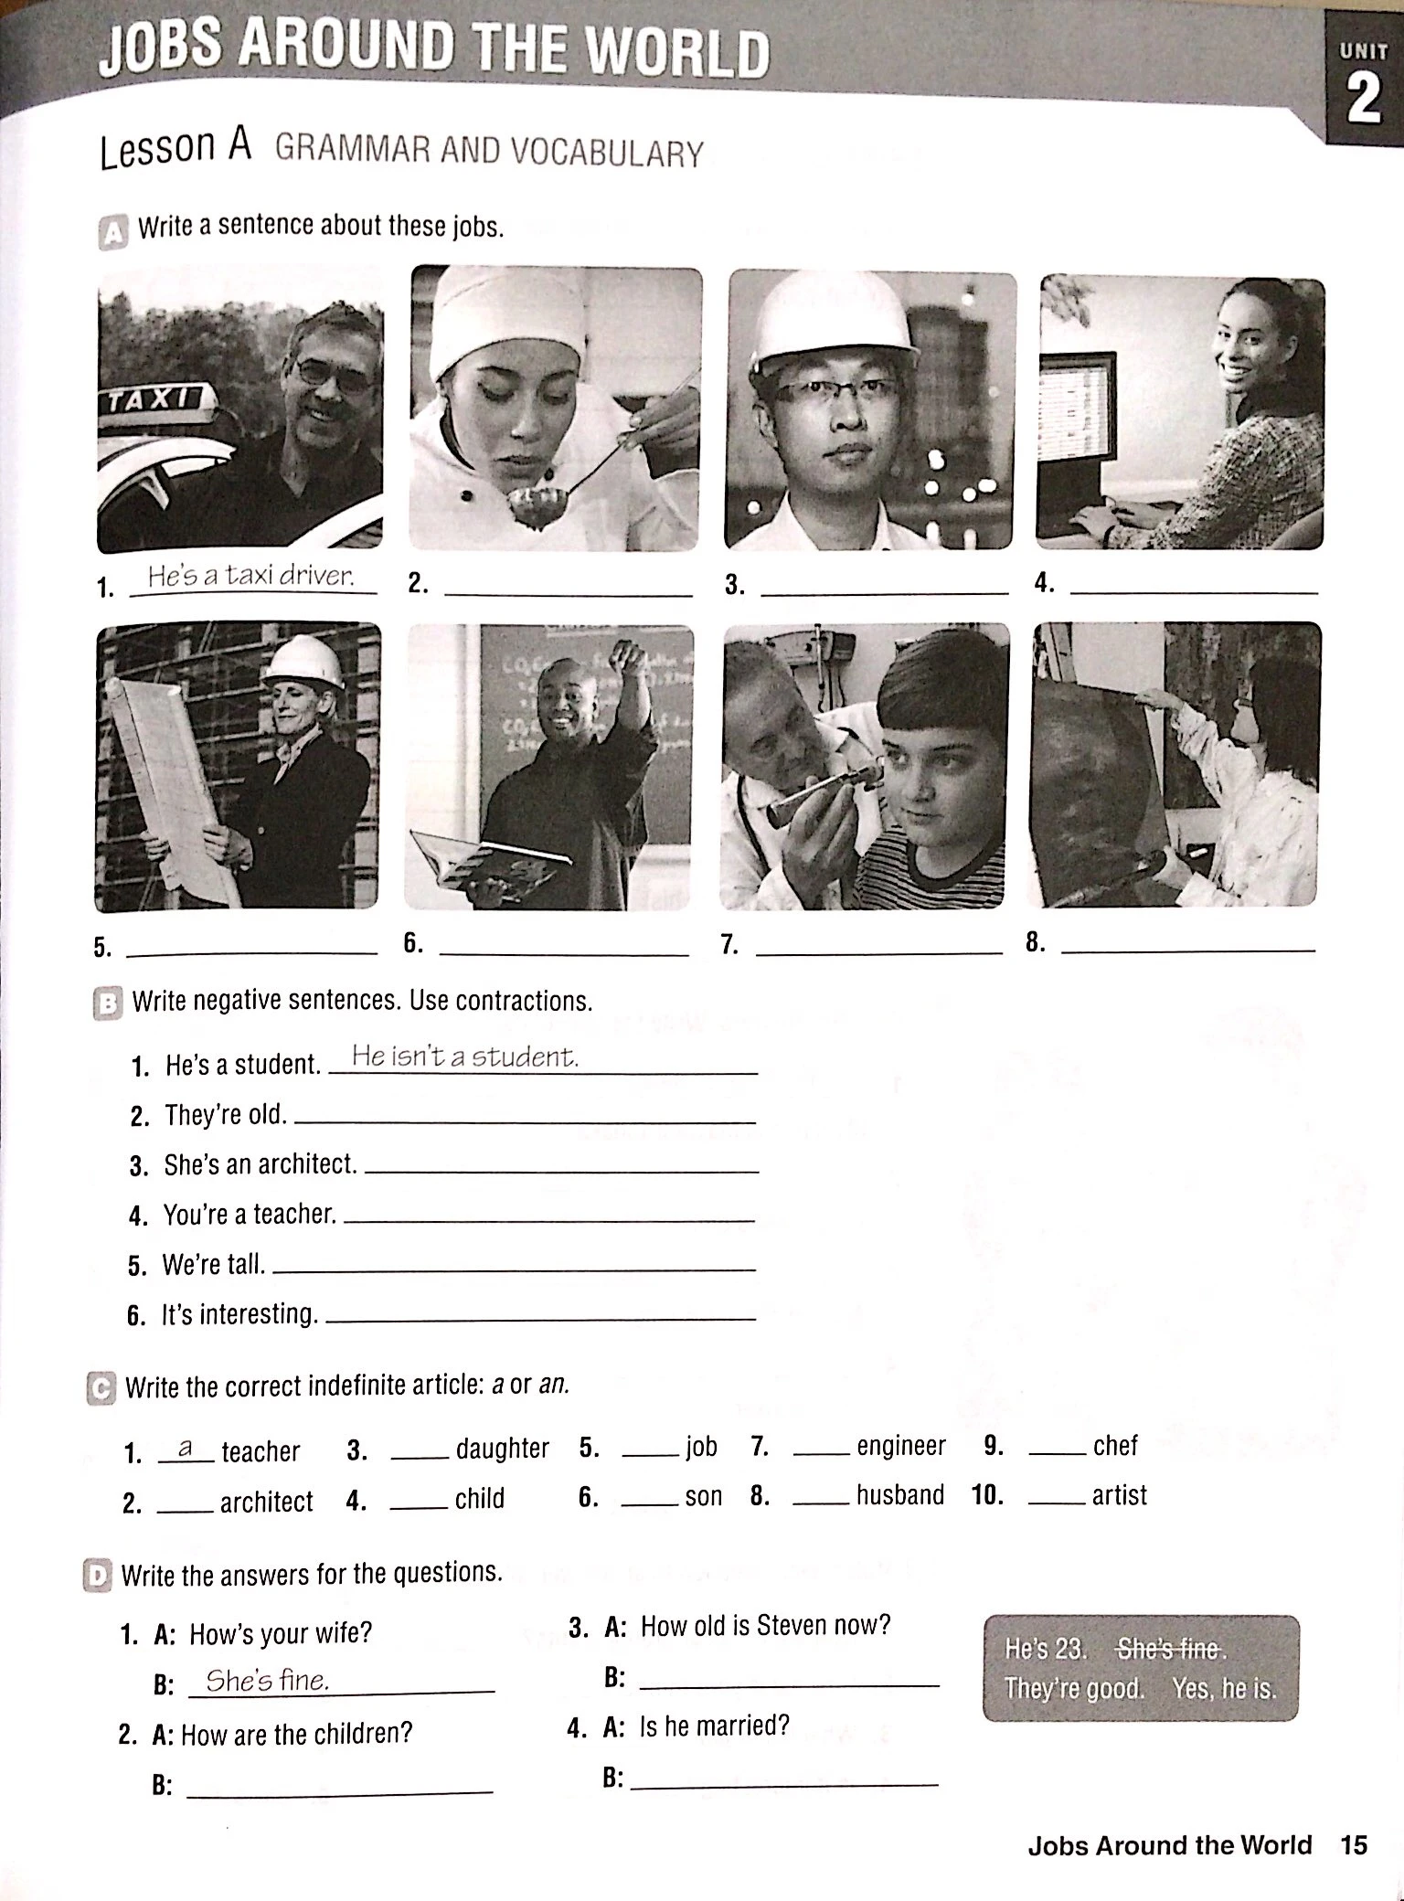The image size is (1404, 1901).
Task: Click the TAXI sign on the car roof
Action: point(156,400)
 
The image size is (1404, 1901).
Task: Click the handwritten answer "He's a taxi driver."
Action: point(250,576)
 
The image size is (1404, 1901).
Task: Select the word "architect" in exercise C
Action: point(266,1502)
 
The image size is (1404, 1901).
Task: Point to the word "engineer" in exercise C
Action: point(901,1446)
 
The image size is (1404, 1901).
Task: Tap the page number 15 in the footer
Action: point(1354,1844)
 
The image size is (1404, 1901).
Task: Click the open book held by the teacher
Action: point(492,860)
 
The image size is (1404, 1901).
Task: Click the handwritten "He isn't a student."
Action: point(464,1057)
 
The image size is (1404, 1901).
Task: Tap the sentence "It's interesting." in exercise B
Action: point(239,1314)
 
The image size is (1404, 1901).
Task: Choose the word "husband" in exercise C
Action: point(899,1495)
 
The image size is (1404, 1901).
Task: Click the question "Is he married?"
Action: point(714,1726)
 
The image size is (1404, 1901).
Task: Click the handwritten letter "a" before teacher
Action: point(186,1448)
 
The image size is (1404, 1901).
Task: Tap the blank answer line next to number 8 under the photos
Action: point(1188,950)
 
